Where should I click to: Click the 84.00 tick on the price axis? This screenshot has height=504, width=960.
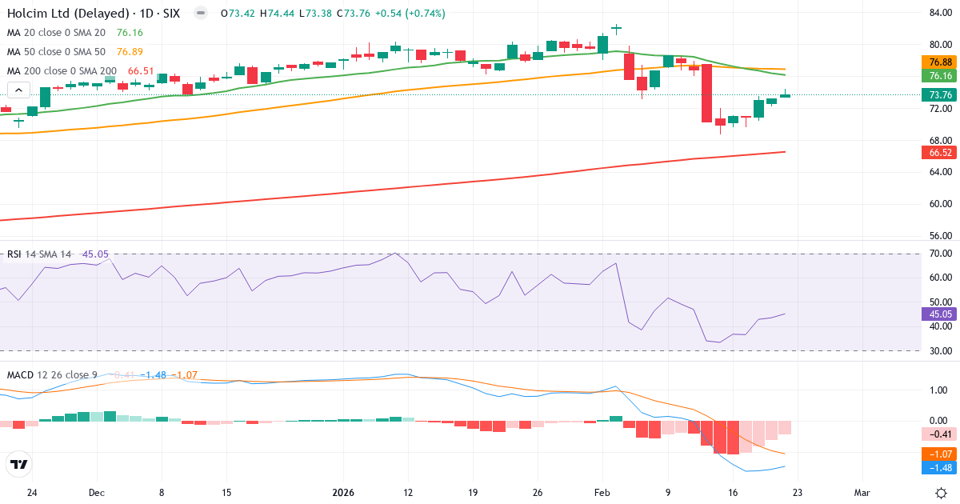(x=939, y=13)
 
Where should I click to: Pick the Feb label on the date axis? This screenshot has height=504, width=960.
(x=602, y=493)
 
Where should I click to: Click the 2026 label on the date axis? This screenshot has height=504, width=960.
(x=343, y=493)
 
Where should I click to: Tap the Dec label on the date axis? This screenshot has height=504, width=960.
(x=97, y=493)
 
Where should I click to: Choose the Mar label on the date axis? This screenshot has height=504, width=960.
(x=862, y=493)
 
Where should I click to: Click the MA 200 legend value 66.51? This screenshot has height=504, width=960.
(x=141, y=71)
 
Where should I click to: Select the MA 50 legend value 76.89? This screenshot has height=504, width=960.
(x=130, y=52)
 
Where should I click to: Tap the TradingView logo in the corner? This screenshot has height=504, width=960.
(x=19, y=465)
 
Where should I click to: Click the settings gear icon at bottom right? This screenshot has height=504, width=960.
(x=942, y=492)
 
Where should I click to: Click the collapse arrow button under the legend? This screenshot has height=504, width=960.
(x=20, y=90)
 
